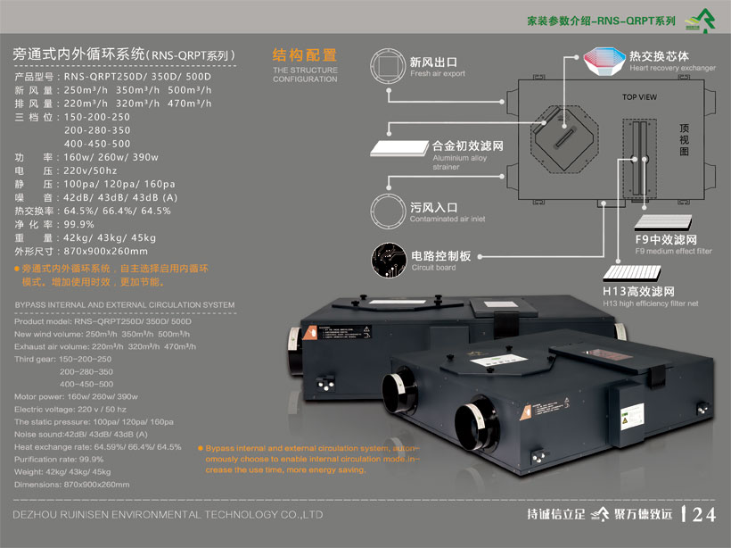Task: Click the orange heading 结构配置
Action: (304, 54)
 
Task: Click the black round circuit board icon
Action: (388, 259)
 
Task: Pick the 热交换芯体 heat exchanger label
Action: (662, 55)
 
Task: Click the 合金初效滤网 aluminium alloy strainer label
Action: (468, 144)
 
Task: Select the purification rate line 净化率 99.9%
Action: (54, 224)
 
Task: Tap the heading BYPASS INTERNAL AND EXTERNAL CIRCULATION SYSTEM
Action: (125, 305)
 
